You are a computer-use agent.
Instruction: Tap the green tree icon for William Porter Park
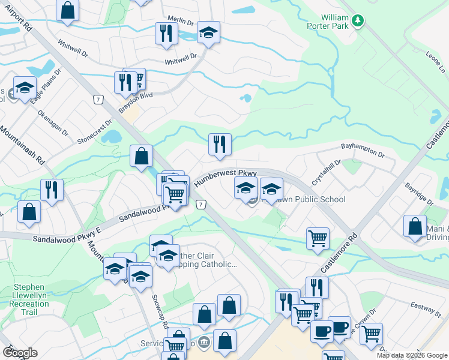[x=358, y=21]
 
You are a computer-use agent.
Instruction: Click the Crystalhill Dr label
[x=326, y=172]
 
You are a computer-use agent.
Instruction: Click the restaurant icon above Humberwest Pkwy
[x=220, y=144]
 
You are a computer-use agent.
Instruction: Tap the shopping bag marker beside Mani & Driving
[x=415, y=226]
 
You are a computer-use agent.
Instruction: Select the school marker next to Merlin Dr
[x=208, y=32]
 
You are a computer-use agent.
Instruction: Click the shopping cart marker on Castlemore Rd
[x=318, y=238]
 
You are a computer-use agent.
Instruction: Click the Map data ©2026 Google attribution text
[x=411, y=355]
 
